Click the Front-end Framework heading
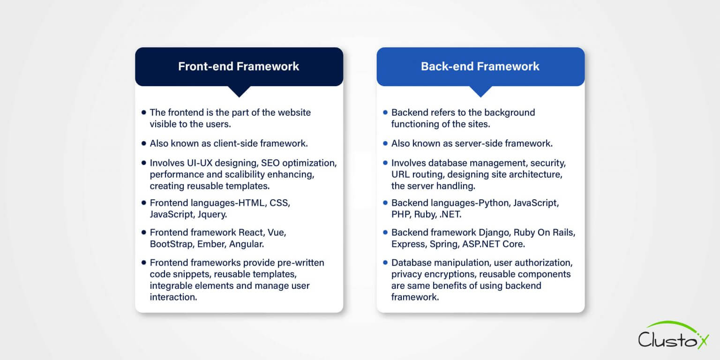239,67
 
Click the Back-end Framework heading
480,67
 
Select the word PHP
400,214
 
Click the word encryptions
452,274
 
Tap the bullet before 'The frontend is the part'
143,112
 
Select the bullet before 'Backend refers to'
385,112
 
